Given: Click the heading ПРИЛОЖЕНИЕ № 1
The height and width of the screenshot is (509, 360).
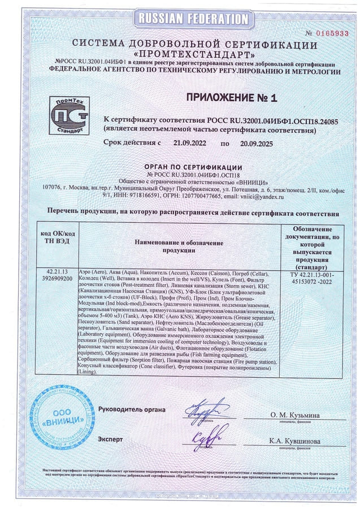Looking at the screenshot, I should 232,98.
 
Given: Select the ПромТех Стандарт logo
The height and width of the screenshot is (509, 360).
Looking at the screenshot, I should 69,115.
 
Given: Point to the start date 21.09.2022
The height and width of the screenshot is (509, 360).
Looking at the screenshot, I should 190,144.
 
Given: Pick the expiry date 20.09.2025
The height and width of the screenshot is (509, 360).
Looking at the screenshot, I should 256,144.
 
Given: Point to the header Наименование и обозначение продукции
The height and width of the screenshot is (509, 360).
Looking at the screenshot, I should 178,246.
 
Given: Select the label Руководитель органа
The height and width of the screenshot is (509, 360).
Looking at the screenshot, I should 132,409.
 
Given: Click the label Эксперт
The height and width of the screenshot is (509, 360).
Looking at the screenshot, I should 110,439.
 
